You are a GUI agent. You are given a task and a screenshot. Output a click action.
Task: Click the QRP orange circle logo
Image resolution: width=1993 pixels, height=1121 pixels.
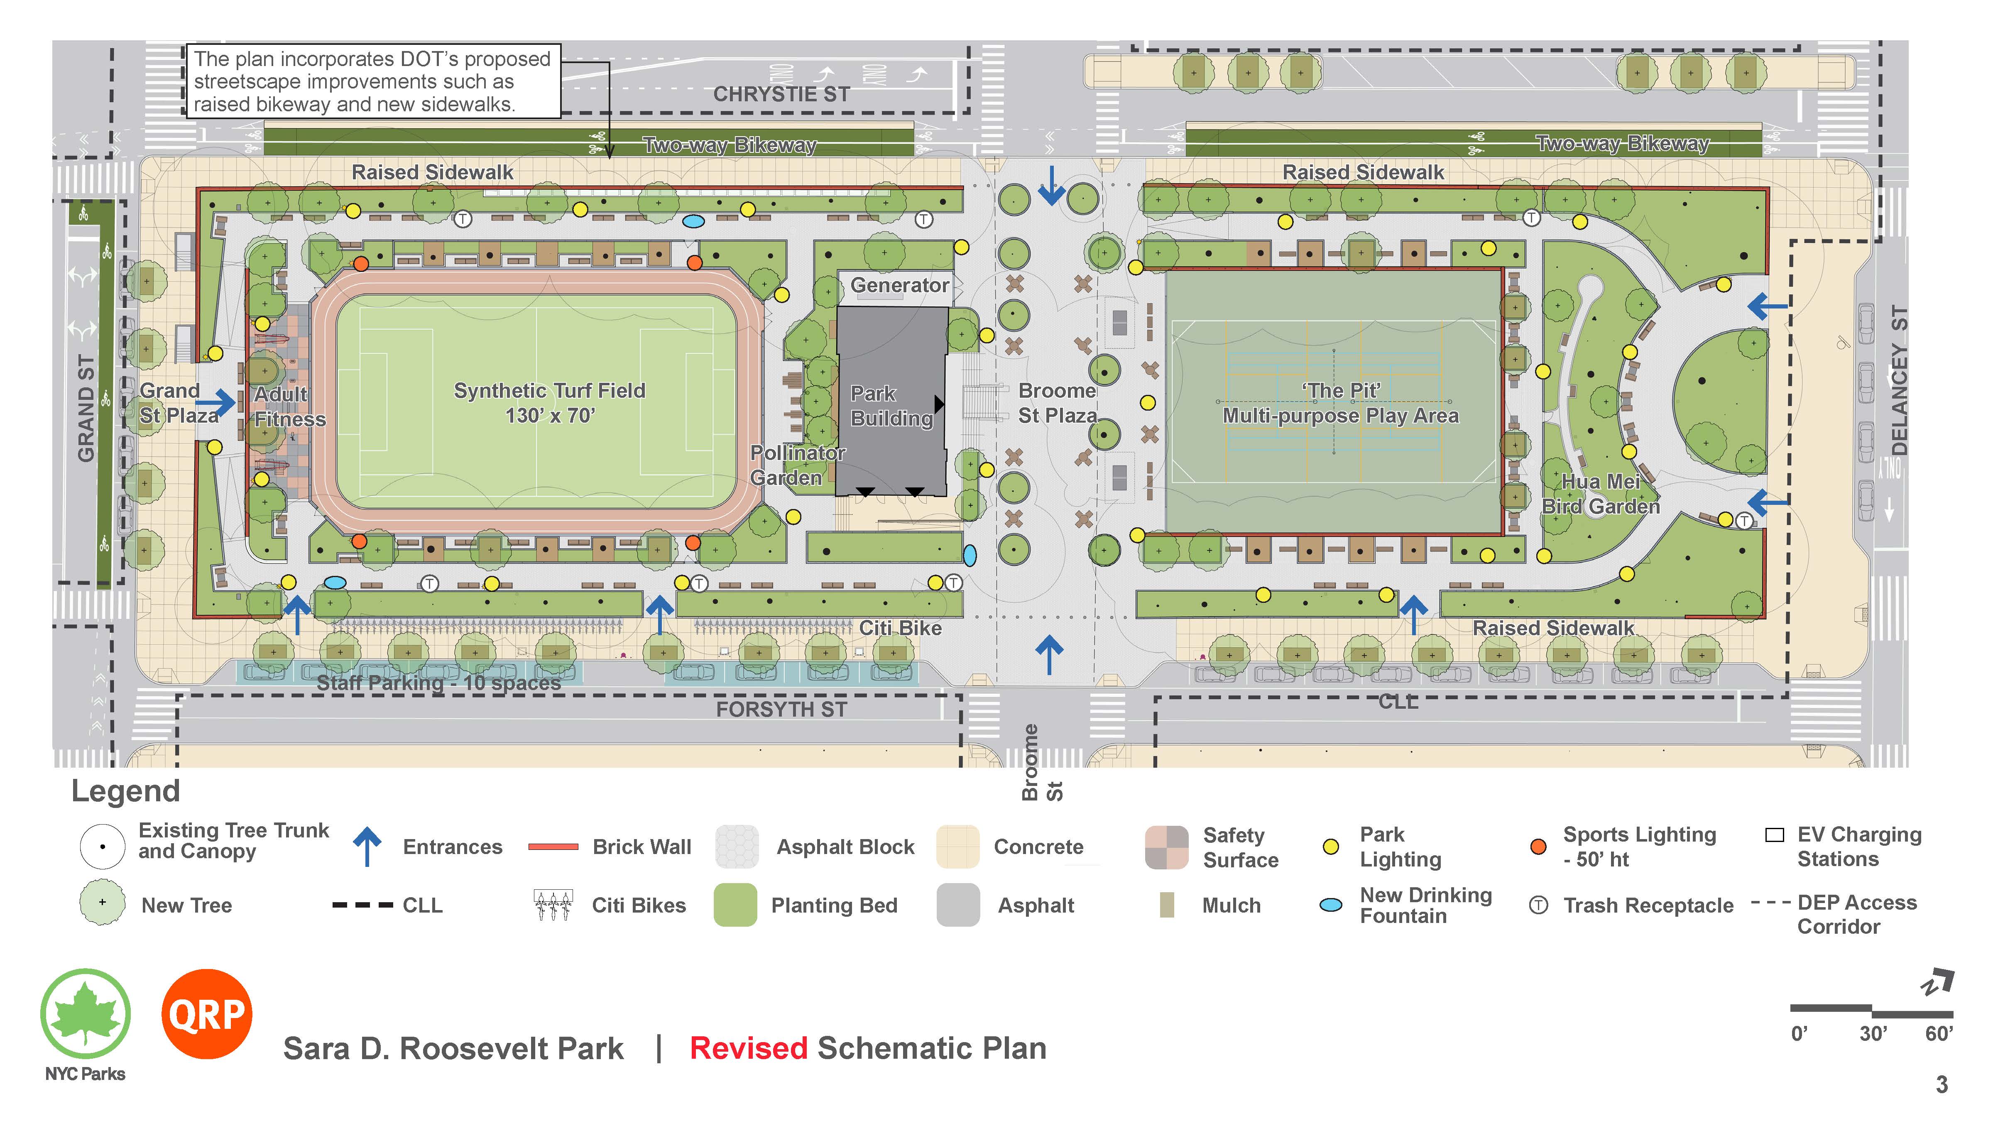click(x=207, y=1013)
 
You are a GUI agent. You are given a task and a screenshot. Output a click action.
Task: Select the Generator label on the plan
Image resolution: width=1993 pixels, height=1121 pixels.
click(x=899, y=286)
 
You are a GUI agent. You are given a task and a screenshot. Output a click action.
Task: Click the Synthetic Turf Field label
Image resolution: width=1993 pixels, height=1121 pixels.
click(x=549, y=402)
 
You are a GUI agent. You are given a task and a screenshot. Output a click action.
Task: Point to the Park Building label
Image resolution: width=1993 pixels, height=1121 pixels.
click(x=891, y=405)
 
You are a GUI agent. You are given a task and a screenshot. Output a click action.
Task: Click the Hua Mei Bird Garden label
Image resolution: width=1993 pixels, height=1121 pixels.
click(x=1600, y=494)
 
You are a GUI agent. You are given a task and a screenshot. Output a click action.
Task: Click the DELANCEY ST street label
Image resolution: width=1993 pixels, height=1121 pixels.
click(x=1899, y=379)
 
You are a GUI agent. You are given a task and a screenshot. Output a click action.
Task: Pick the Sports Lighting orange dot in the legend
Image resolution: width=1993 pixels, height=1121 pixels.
click(x=1538, y=847)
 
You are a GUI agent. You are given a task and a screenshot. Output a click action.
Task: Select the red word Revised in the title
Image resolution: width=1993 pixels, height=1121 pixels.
click(x=748, y=1048)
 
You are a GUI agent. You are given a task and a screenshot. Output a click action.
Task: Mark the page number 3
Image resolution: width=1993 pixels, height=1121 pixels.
click(x=1941, y=1084)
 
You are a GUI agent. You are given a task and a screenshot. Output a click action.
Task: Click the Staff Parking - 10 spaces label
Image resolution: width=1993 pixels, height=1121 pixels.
click(x=439, y=682)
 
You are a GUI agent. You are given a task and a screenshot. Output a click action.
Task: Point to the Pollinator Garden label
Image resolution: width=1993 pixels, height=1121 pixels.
click(x=797, y=465)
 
